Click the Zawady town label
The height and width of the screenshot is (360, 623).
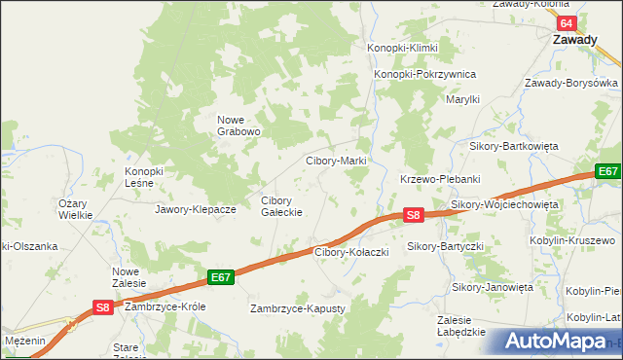tap(575, 41)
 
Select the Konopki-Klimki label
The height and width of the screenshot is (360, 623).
tap(402, 48)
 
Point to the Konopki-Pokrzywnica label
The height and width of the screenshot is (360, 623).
tap(424, 74)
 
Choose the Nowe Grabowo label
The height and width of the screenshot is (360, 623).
tap(238, 126)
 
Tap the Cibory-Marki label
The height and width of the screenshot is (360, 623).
tap(335, 161)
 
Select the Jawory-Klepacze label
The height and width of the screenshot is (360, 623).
tap(196, 209)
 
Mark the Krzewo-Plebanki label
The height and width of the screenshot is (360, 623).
tap(441, 179)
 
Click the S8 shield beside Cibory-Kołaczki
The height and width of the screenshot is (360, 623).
tap(414, 215)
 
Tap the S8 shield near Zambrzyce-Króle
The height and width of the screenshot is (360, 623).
tap(104, 306)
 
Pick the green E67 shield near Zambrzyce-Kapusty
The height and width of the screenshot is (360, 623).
tap(221, 277)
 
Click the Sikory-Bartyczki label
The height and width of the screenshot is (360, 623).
tap(445, 247)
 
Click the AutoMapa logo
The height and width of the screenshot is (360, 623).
tap(559, 342)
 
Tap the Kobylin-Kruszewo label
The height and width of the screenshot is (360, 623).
tap(587, 239)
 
